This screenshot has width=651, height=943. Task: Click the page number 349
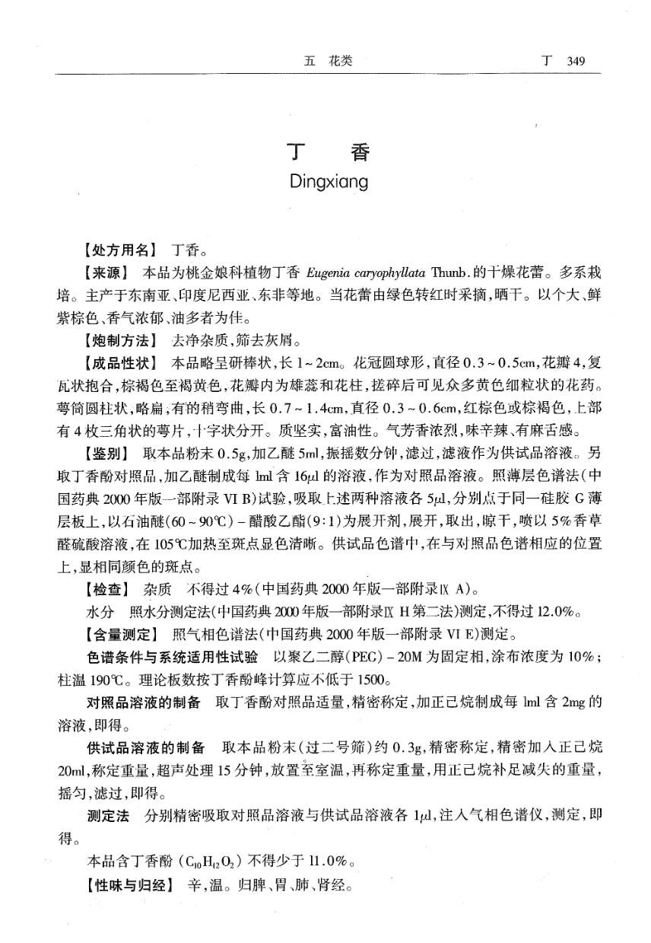point(571,62)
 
